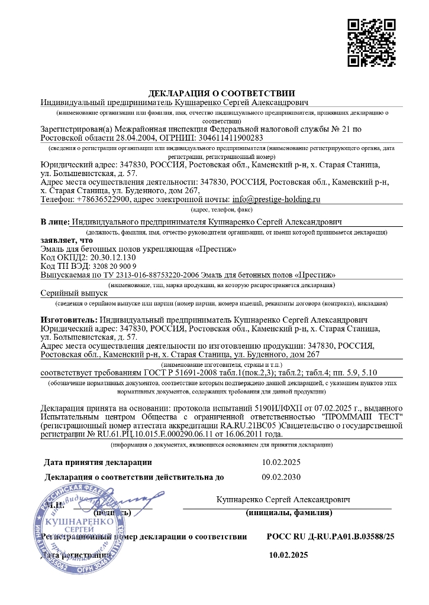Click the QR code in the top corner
[371, 43]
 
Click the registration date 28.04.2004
[123, 137]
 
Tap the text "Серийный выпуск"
[73, 293]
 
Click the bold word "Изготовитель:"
[67, 319]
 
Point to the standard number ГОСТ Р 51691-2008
[182, 372]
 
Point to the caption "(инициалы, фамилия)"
[288, 513]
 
